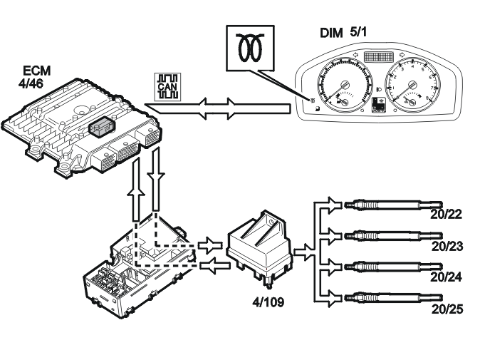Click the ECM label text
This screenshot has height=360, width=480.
tap(37, 71)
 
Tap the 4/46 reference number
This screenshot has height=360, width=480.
tap(31, 83)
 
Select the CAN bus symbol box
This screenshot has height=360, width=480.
tap(167, 87)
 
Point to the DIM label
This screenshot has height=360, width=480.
tap(331, 34)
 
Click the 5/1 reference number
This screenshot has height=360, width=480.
tap(358, 32)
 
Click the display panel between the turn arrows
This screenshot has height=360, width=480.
tap(379, 56)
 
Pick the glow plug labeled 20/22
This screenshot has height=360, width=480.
tap(393, 205)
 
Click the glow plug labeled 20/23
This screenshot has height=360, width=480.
tap(393, 236)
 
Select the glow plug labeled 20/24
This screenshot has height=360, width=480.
tap(393, 267)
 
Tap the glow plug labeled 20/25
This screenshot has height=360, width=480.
tap(393, 297)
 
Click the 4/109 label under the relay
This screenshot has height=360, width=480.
tap(268, 302)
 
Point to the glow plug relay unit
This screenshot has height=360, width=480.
tap(259, 248)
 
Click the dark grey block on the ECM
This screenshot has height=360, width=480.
tap(102, 126)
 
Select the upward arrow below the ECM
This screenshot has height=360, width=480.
tap(136, 190)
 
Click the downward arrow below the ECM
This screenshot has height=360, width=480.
tap(156, 179)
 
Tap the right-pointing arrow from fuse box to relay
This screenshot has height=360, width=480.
tap(210, 245)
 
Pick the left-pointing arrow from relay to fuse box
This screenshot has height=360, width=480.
tap(215, 265)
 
